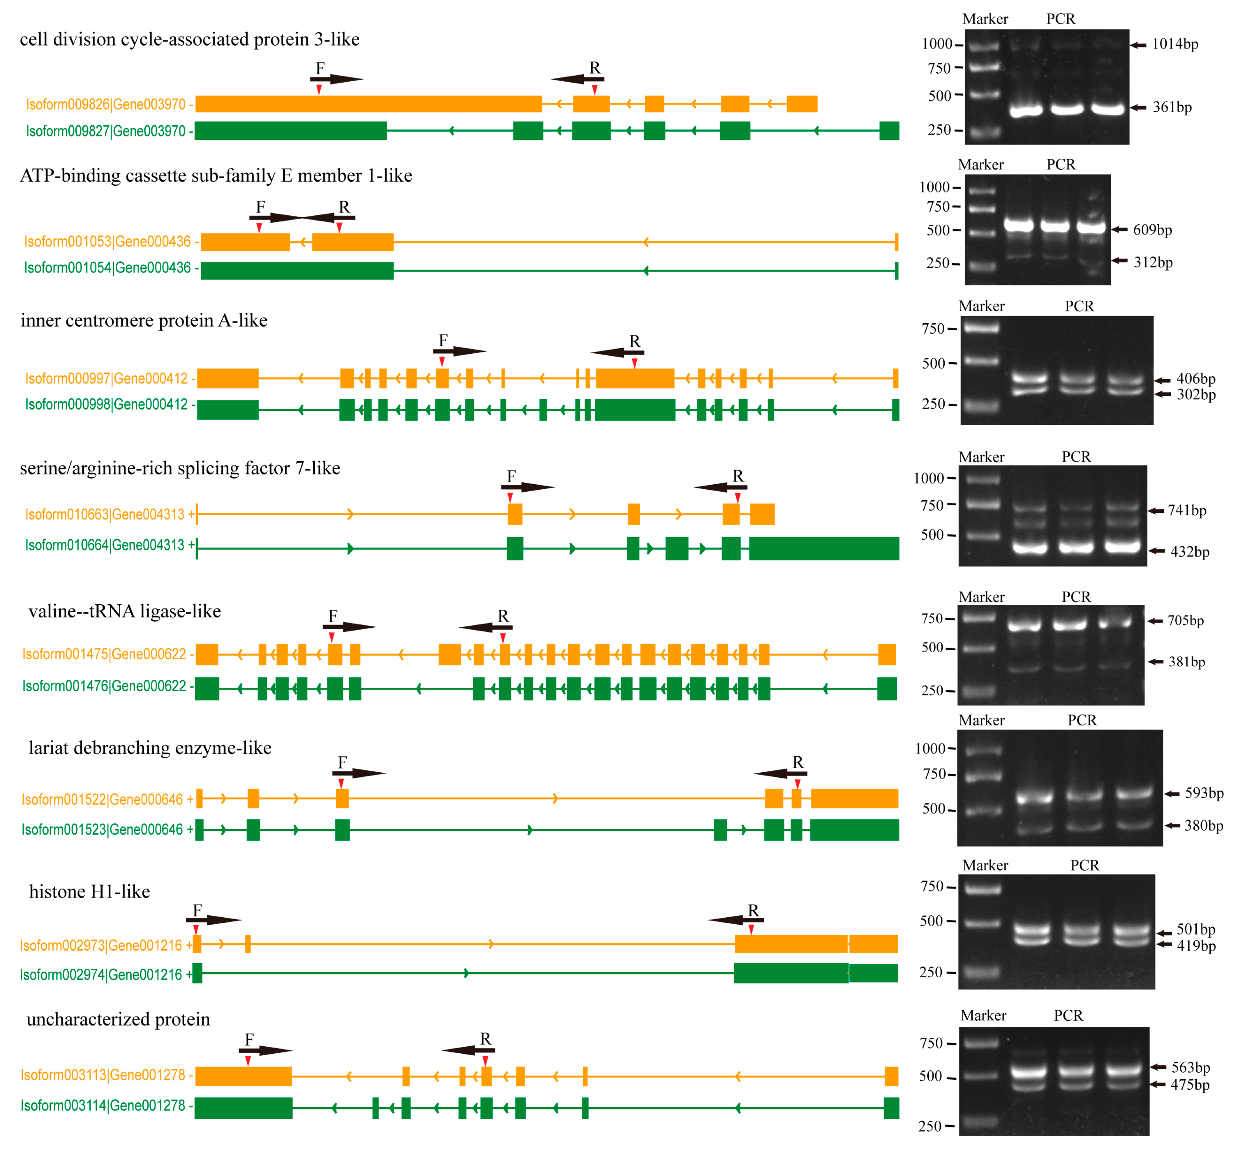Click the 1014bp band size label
(1174, 44)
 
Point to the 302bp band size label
(1196, 395)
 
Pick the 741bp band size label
(1187, 511)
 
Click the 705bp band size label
(1186, 621)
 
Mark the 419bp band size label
(1196, 946)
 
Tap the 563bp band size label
(1190, 1067)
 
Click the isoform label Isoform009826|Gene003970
(106, 105)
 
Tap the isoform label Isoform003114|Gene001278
(103, 1106)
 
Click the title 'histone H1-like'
(89, 892)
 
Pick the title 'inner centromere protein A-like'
(144, 320)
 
